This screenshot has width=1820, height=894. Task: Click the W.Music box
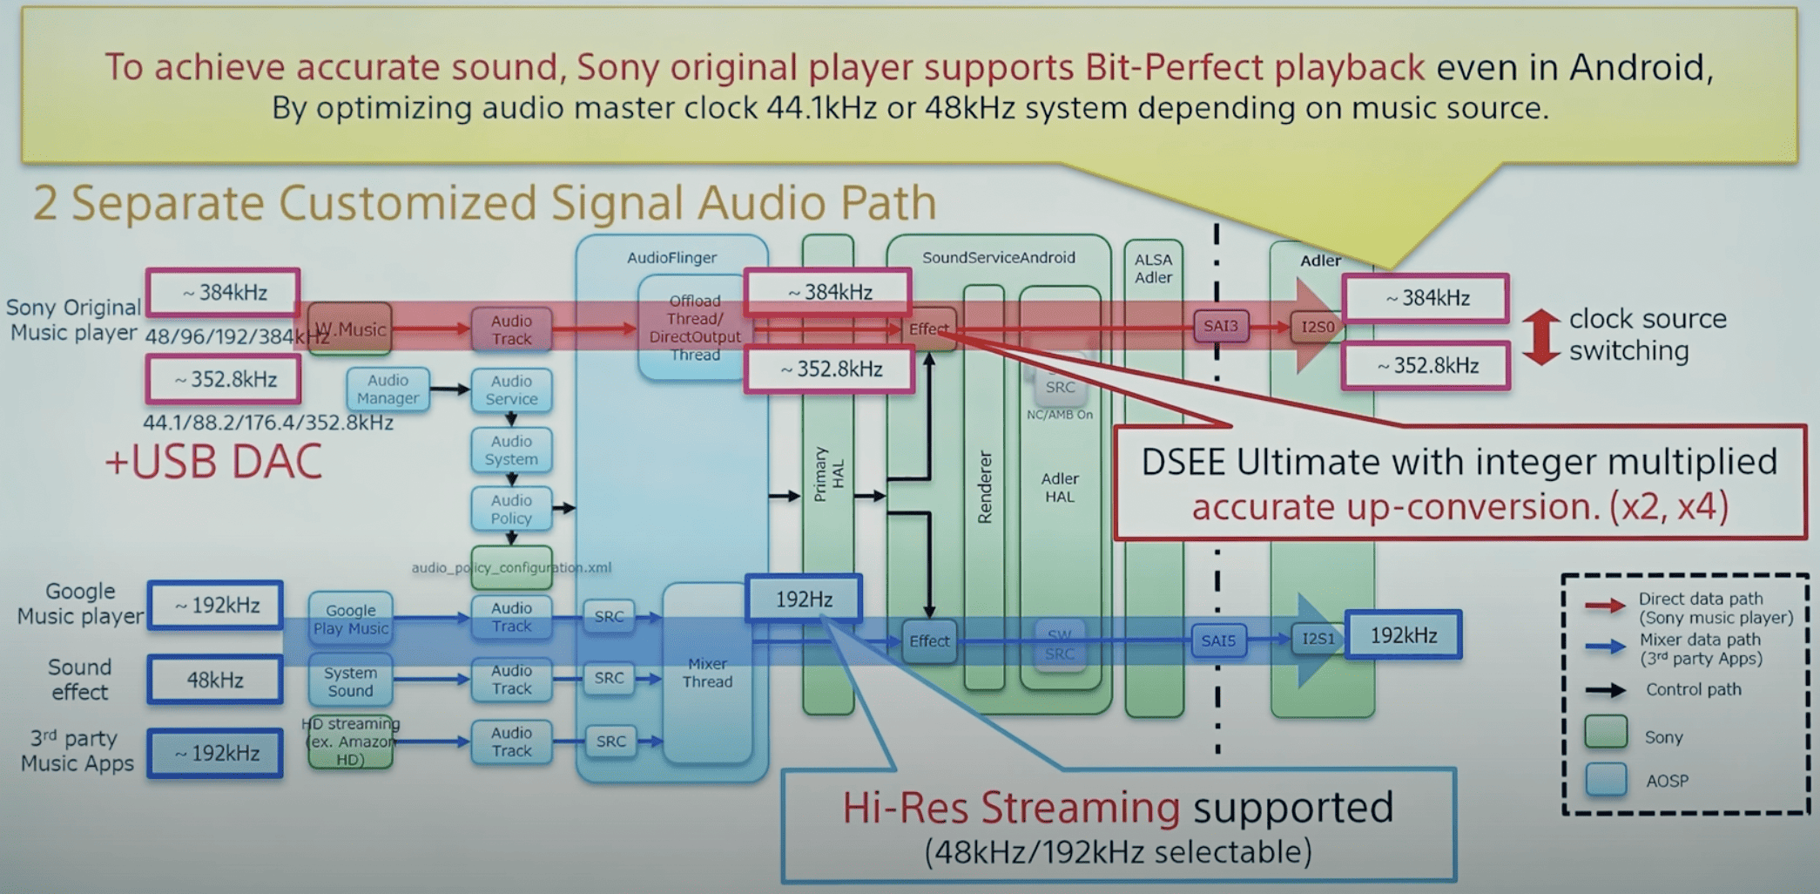pyautogui.click(x=350, y=329)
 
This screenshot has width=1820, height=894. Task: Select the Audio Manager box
pyautogui.click(x=388, y=389)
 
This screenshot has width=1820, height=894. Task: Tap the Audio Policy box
pyautogui.click(x=511, y=510)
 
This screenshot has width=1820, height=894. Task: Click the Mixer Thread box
pyautogui.click(x=707, y=673)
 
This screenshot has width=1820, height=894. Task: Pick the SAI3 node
pyautogui.click(x=1220, y=326)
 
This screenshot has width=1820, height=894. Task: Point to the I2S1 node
pyautogui.click(x=1318, y=639)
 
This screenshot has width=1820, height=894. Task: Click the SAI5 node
pyautogui.click(x=1218, y=640)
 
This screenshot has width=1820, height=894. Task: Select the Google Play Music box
pyautogui.click(x=351, y=620)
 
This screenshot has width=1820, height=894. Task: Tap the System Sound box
pyautogui.click(x=350, y=681)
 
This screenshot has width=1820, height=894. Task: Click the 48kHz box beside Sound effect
pyautogui.click(x=215, y=680)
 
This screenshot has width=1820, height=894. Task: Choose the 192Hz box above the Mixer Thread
pyautogui.click(x=804, y=599)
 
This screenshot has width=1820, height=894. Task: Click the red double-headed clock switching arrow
pyautogui.click(x=1540, y=336)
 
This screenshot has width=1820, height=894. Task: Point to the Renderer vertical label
pyautogui.click(x=985, y=488)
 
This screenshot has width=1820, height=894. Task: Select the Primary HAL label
pyautogui.click(x=828, y=475)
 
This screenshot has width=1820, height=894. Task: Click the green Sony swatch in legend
pyautogui.click(x=1606, y=733)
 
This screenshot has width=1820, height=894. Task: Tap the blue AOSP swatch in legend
pyautogui.click(x=1606, y=779)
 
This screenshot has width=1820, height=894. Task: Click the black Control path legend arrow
pyautogui.click(x=1605, y=690)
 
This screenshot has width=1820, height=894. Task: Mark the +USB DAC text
pyautogui.click(x=213, y=462)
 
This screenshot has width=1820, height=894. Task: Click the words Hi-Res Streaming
pyautogui.click(x=1010, y=808)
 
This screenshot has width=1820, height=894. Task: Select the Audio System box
pyautogui.click(x=511, y=450)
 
